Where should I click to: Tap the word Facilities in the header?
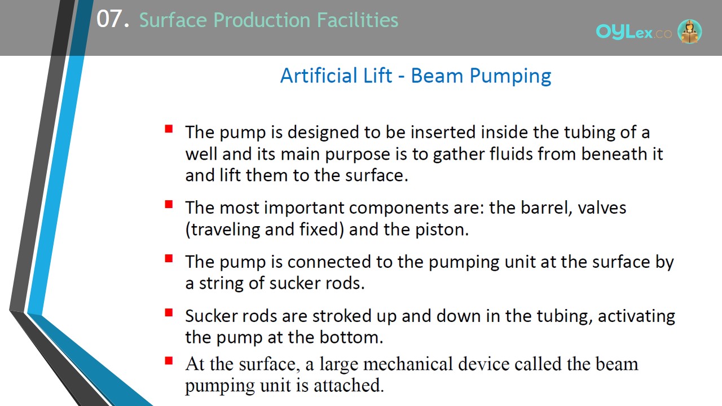(358, 20)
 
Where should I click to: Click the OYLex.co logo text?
(633, 32)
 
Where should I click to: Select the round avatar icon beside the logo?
(689, 32)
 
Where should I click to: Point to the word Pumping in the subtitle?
(510, 76)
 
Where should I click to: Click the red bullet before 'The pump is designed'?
(169, 129)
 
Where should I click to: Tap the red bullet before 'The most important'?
(169, 204)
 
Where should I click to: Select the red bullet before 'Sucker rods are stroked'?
(169, 312)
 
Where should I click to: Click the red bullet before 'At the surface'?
(169, 360)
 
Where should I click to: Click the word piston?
(442, 230)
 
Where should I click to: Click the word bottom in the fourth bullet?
(351, 337)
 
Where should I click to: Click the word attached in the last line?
(349, 385)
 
